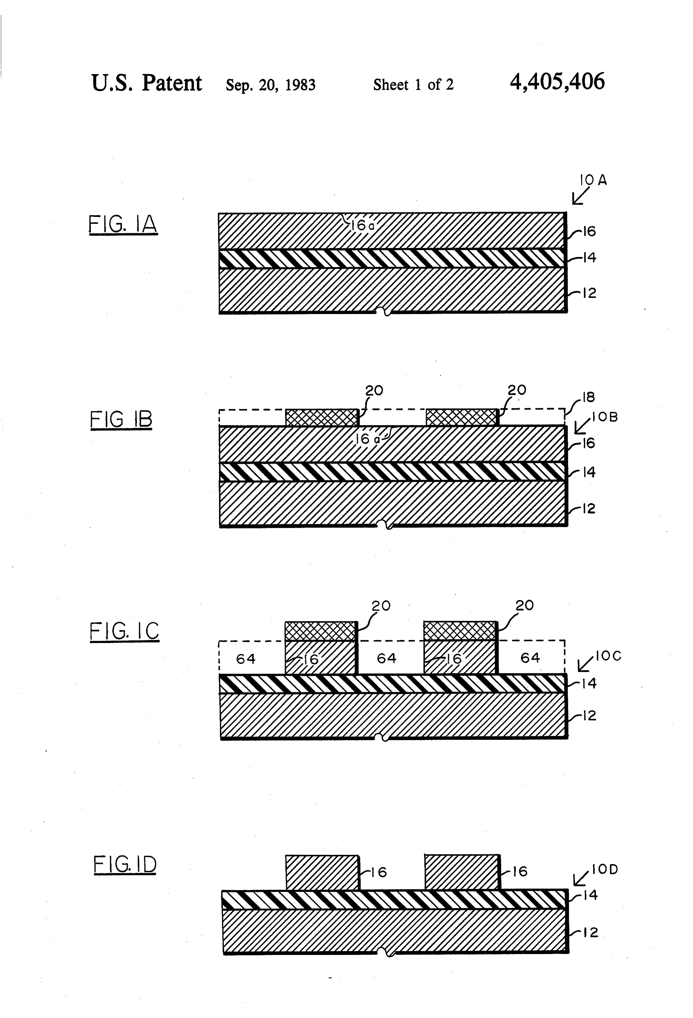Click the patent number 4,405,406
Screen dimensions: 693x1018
(557, 82)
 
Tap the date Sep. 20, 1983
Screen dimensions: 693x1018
(270, 85)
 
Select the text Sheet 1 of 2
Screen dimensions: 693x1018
(413, 85)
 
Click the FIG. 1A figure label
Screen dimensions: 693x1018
(123, 224)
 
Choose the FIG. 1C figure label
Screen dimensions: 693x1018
(124, 631)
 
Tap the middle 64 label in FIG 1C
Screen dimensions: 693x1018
(386, 658)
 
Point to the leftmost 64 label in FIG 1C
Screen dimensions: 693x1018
(245, 658)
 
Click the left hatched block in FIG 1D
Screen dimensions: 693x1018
(322, 872)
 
